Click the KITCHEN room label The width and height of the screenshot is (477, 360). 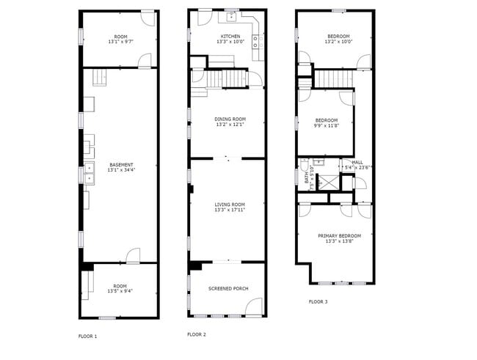[230, 37]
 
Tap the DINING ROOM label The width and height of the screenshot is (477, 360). [230, 120]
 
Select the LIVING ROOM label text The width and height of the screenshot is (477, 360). [230, 205]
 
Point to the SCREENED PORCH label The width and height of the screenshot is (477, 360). [227, 288]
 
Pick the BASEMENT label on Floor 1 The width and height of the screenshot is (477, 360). [121, 165]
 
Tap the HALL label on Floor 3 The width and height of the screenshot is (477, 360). [357, 163]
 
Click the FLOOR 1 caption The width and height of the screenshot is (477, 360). [88, 337]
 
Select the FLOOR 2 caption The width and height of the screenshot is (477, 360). [197, 334]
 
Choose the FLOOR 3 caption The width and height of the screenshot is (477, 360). [318, 301]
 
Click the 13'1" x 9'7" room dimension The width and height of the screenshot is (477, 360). [120, 42]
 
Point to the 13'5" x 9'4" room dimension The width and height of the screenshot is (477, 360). [120, 291]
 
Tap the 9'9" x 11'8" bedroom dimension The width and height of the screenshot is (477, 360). [327, 125]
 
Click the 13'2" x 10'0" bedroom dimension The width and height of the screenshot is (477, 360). [338, 42]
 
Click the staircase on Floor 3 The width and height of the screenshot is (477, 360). [335, 78]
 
